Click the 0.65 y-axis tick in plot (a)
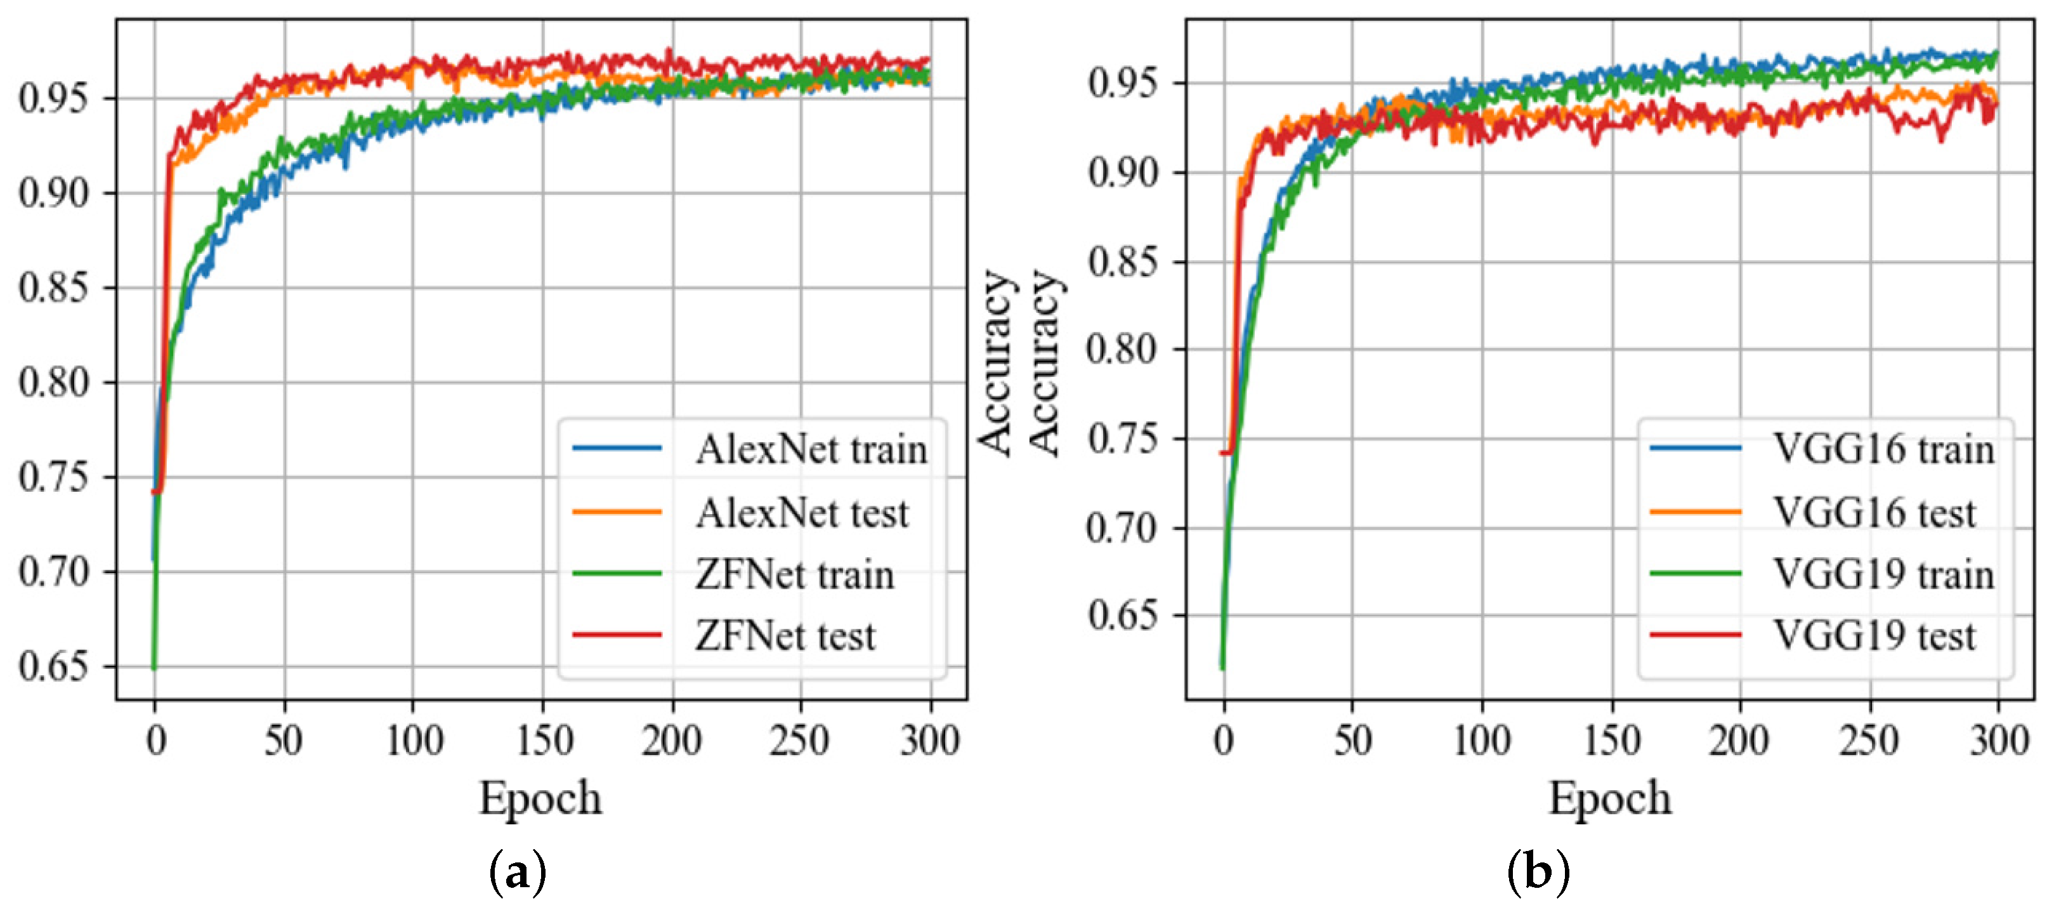pyautogui.click(x=53, y=666)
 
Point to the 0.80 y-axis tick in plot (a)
pyautogui.click(x=53, y=383)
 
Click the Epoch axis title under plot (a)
pyautogui.click(x=540, y=798)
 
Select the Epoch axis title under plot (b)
pyautogui.click(x=1610, y=798)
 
